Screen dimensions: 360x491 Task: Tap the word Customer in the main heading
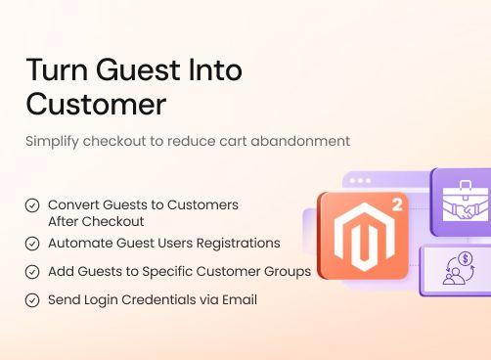tap(96, 103)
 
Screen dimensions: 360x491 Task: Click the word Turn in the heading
tap(53, 70)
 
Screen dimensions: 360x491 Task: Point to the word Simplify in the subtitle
tap(54, 141)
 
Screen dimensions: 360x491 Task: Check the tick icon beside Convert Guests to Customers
tap(32, 205)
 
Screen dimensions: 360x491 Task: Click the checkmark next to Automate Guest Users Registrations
tap(32, 243)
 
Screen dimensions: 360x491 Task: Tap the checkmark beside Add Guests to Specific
tap(32, 271)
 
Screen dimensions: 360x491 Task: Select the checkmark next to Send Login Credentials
tap(32, 299)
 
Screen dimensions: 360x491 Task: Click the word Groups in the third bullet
tap(289, 271)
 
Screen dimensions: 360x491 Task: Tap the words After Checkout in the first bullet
tap(96, 220)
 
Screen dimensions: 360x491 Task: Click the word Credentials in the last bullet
tap(162, 299)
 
